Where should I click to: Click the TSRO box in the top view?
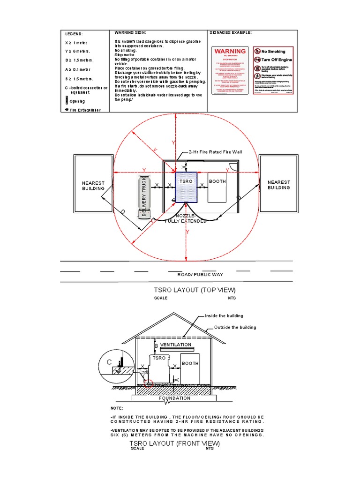(186, 187)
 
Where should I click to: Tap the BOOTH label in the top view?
(217, 181)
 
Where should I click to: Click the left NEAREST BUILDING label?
(93, 185)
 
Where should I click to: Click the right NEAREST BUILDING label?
(278, 185)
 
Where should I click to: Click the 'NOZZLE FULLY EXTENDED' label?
(186, 218)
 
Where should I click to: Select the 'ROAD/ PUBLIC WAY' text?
(200, 274)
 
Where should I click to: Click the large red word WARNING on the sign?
(230, 51)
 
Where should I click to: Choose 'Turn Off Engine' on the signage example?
(277, 60)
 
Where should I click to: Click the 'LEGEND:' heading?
(74, 34)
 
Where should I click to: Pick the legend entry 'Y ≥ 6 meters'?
(77, 51)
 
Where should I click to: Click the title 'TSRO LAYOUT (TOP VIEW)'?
(191, 290)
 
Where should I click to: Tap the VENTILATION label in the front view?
(176, 345)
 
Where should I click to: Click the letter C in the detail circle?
(109, 362)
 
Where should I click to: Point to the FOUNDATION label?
(174, 398)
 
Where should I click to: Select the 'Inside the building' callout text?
(224, 316)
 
